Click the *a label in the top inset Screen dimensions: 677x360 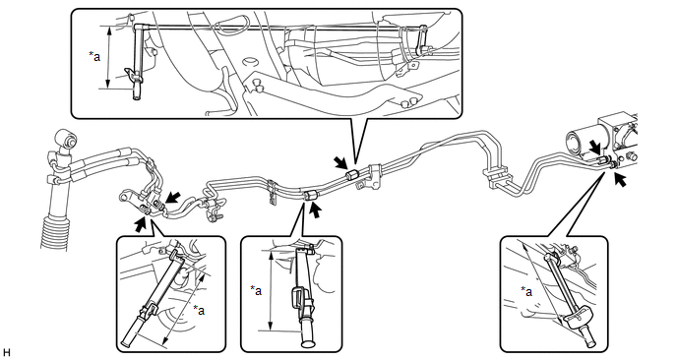(94, 56)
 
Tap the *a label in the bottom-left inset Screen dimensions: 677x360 (199, 310)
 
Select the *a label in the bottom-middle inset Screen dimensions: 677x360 (256, 290)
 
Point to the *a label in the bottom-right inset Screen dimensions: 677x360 (526, 292)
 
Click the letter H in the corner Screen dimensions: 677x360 (6, 353)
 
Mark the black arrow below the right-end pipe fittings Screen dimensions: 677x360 (621, 180)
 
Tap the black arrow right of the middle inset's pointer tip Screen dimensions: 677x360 (316, 210)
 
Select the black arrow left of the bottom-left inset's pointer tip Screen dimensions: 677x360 (141, 224)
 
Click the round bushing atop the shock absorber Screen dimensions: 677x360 (67, 139)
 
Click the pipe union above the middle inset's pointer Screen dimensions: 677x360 (311, 195)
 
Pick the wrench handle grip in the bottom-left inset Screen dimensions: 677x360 (131, 331)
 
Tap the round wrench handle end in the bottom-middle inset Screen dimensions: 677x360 (308, 343)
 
